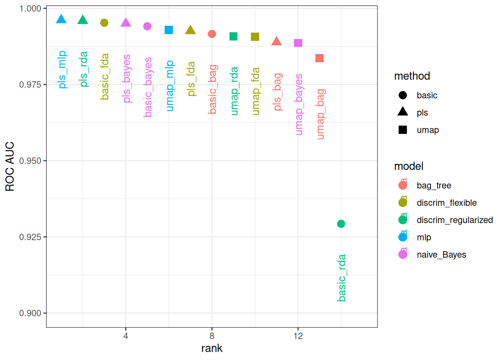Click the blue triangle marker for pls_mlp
point(61,19)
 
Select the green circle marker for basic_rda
point(341,224)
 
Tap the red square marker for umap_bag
point(319,58)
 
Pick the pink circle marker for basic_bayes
point(147,26)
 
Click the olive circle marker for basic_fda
point(104,23)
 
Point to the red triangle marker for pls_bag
point(276,41)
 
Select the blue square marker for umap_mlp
point(169,30)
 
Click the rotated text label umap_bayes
point(298,104)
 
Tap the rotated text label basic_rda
point(342,278)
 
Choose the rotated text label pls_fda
point(191,79)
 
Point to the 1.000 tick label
point(30,8)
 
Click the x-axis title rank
point(211,348)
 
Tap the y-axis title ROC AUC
point(10,166)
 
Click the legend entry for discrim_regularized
point(454,220)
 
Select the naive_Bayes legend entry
point(441,255)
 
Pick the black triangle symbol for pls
point(403,112)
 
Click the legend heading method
point(412,76)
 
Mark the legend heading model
point(408,166)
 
